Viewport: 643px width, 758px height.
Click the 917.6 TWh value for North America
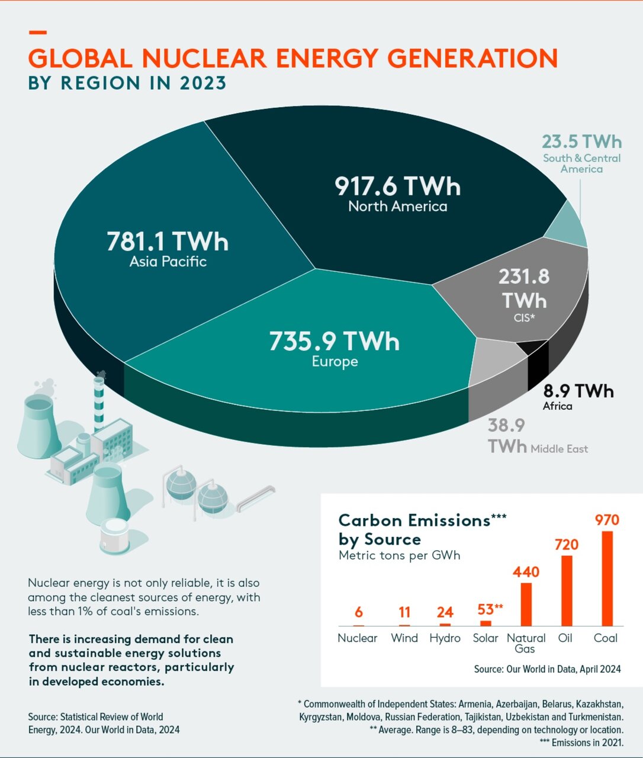[397, 186]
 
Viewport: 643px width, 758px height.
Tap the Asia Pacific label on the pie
[168, 262]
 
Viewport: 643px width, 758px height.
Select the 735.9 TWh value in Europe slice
[335, 341]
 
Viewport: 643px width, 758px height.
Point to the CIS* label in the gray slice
[524, 318]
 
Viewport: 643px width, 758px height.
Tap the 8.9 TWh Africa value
[578, 391]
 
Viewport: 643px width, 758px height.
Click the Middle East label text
[559, 449]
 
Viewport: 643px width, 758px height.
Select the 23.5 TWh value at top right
[582, 142]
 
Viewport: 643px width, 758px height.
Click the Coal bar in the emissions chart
[607, 579]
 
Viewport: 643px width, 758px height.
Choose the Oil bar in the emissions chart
[567, 590]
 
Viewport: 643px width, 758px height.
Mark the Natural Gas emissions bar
[526, 604]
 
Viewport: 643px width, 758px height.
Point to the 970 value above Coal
[607, 520]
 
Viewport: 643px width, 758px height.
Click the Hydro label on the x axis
[445, 638]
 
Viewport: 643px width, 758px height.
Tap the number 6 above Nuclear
[359, 612]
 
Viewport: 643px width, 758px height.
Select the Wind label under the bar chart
[404, 638]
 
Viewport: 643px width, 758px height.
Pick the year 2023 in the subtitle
[203, 83]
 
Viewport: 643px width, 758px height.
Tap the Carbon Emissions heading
[414, 521]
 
